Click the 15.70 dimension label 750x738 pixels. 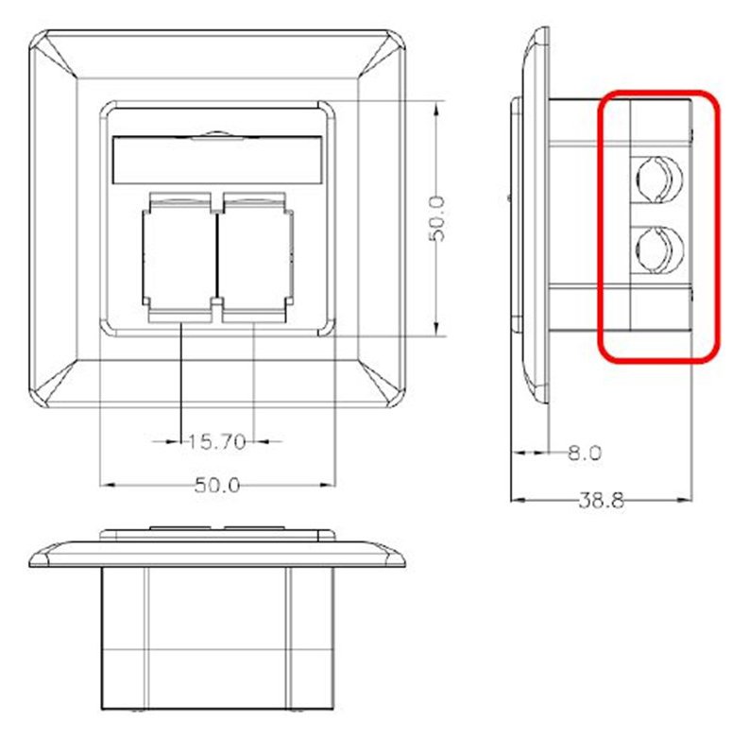pyautogui.click(x=216, y=441)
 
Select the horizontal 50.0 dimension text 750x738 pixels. pyautogui.click(x=217, y=486)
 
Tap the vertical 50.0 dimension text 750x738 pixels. pyautogui.click(x=436, y=218)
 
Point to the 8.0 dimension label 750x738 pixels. pyautogui.click(x=585, y=453)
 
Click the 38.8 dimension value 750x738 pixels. pyautogui.click(x=602, y=501)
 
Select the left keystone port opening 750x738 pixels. pyautogui.click(x=179, y=256)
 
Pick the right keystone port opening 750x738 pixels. pyautogui.click(x=255, y=256)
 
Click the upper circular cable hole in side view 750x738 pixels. pyautogui.click(x=658, y=179)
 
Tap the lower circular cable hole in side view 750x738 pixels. pyautogui.click(x=658, y=250)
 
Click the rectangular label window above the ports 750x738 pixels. pyautogui.click(x=216, y=161)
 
